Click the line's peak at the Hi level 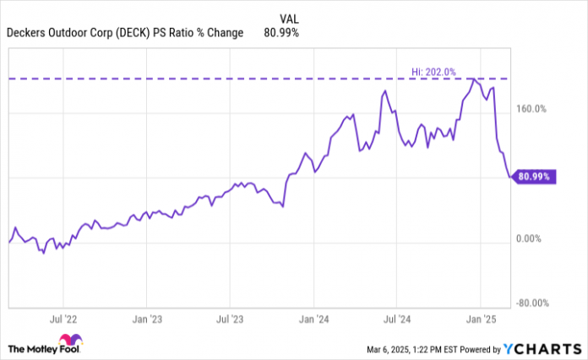tap(475, 79)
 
